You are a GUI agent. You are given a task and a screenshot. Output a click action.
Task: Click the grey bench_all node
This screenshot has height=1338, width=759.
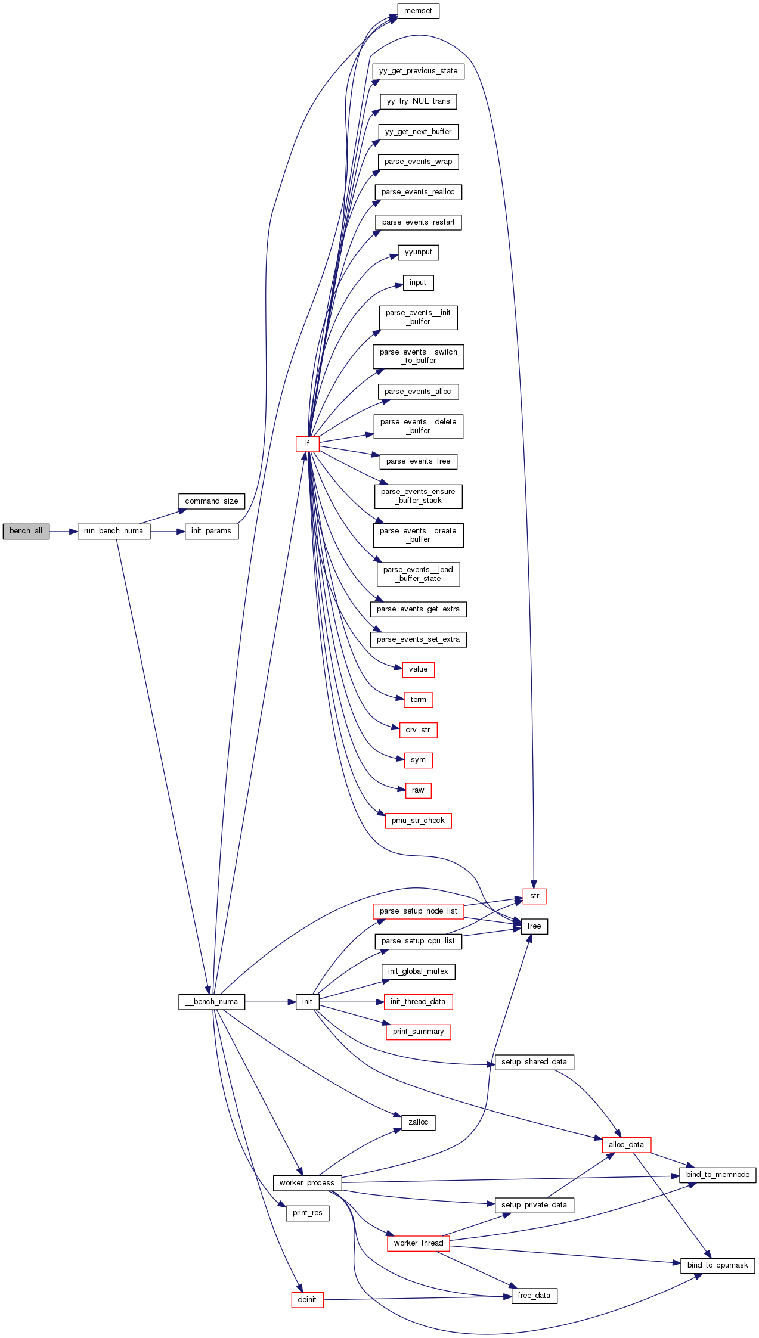26,531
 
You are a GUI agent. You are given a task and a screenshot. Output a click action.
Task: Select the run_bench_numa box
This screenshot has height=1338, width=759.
113,531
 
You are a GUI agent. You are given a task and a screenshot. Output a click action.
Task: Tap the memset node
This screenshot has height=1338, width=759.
418,11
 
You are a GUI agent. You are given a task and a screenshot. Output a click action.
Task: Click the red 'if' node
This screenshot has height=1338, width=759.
307,444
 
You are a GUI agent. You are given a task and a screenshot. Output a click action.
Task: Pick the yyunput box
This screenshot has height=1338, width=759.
418,252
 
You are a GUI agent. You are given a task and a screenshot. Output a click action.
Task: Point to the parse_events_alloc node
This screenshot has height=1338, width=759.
418,392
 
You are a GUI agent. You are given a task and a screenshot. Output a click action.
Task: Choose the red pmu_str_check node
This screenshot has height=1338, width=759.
418,821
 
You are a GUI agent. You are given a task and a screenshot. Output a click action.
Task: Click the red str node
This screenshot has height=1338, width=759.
534,896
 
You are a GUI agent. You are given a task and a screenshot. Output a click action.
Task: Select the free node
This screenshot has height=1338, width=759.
534,926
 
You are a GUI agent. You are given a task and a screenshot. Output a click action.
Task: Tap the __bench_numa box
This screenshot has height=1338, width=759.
211,1002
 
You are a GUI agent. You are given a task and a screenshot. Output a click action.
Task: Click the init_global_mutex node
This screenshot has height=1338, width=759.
418,971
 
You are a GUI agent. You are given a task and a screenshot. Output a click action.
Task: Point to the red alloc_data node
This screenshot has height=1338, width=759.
626,1145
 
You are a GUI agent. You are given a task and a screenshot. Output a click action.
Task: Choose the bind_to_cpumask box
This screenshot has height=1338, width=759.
717,1265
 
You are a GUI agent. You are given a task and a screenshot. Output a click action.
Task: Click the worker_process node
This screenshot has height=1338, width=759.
307,1183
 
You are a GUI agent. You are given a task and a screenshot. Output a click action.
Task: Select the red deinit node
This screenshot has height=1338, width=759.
307,1300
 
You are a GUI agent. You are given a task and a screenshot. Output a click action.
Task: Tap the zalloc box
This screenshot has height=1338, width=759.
418,1122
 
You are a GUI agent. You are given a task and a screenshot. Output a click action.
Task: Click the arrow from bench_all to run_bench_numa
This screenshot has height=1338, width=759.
63,531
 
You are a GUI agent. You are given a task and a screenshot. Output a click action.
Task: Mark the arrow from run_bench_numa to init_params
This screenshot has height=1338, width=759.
168,531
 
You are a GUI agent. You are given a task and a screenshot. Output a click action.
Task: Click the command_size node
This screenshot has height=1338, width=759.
211,501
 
